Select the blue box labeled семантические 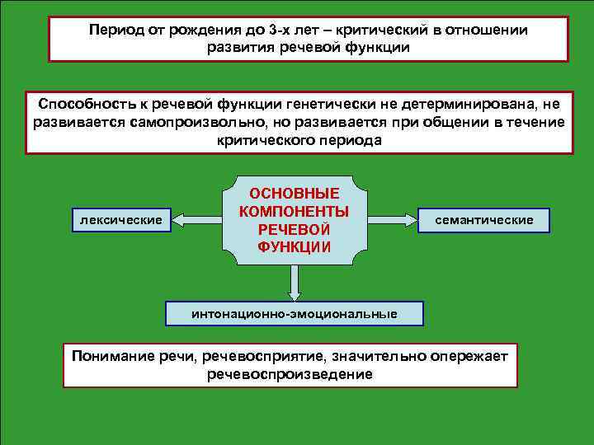pyautogui.click(x=483, y=220)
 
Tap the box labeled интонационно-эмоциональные pyautogui.click(x=294, y=314)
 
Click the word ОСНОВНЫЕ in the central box pyautogui.click(x=295, y=194)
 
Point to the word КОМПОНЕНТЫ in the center pyautogui.click(x=295, y=211)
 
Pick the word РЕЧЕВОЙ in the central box pyautogui.click(x=295, y=229)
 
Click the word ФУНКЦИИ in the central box pyautogui.click(x=295, y=246)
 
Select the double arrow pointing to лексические pyautogui.click(x=196, y=220)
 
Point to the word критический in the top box pyautogui.click(x=393, y=30)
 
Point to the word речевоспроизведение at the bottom pyautogui.click(x=290, y=374)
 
